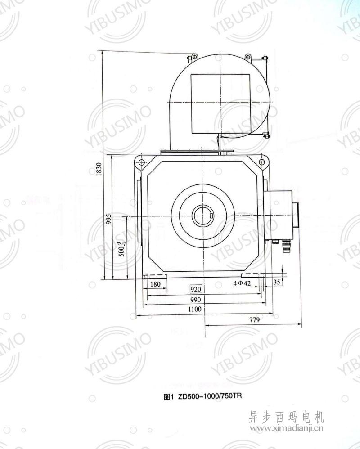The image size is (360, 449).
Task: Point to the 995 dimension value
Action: (x=108, y=219)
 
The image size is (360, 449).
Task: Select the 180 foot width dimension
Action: (x=155, y=284)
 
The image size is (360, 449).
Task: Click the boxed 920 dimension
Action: (x=196, y=289)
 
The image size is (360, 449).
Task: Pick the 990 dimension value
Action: (x=195, y=300)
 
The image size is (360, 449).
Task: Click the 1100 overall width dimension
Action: (x=195, y=309)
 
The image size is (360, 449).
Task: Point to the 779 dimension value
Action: (x=254, y=319)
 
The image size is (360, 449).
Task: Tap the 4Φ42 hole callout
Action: (x=242, y=283)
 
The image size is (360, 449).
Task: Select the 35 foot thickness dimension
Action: (x=277, y=282)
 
